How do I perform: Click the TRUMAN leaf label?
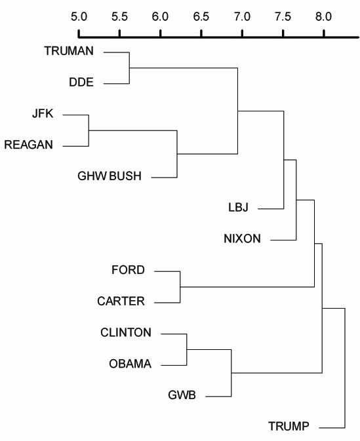coord(69,51)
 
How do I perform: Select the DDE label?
coord(81,82)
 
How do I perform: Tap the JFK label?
coord(43,113)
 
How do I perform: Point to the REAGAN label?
coord(29,145)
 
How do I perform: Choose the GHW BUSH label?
coord(110,176)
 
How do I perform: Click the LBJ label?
coord(239,207)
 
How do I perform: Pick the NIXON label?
coord(242,239)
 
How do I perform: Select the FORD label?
coord(128,270)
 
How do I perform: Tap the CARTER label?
coord(121,301)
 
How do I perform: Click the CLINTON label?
coord(126,332)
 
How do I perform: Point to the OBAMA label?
coord(130,364)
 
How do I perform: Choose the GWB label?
coord(182,395)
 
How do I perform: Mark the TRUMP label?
coord(289,426)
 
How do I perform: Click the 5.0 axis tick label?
coord(79,16)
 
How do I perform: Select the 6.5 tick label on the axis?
coord(201,16)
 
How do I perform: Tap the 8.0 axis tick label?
coord(324,16)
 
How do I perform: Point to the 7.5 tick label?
coord(283,16)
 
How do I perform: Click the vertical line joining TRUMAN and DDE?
coord(129,67)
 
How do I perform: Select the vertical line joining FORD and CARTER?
coord(180,287)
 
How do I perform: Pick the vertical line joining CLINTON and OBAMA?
coord(187,350)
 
